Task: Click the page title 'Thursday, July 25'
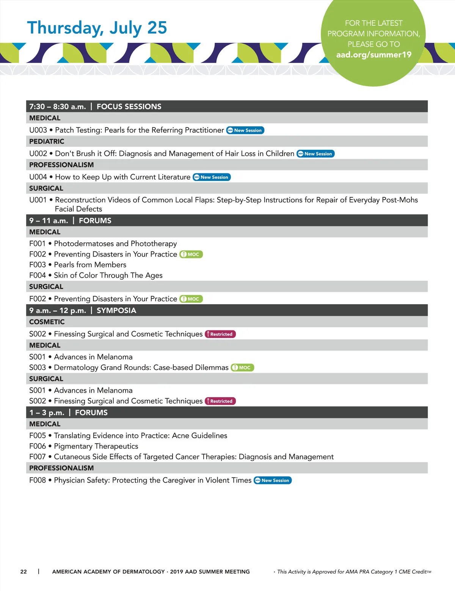tap(97, 28)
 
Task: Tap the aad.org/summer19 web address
tap(373, 55)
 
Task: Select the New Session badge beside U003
tap(245, 130)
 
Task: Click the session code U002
tap(38, 154)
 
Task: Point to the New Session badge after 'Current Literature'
tap(212, 177)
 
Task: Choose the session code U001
tap(38, 200)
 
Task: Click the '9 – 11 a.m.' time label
tap(49, 221)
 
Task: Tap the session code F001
tap(37, 244)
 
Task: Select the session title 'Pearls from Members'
tap(90, 265)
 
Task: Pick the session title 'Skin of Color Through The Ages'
tap(108, 275)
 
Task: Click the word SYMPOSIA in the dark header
tap(116, 311)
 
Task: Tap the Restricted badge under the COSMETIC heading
tap(220, 334)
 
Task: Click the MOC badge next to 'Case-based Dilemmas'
tap(242, 368)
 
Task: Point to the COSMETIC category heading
tap(47, 322)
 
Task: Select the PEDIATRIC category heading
tap(47, 141)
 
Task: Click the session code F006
tap(37, 446)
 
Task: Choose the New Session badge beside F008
tap(273, 480)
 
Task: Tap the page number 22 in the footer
tap(24, 572)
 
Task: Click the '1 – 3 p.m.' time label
tap(47, 413)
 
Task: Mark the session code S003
tap(37, 368)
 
